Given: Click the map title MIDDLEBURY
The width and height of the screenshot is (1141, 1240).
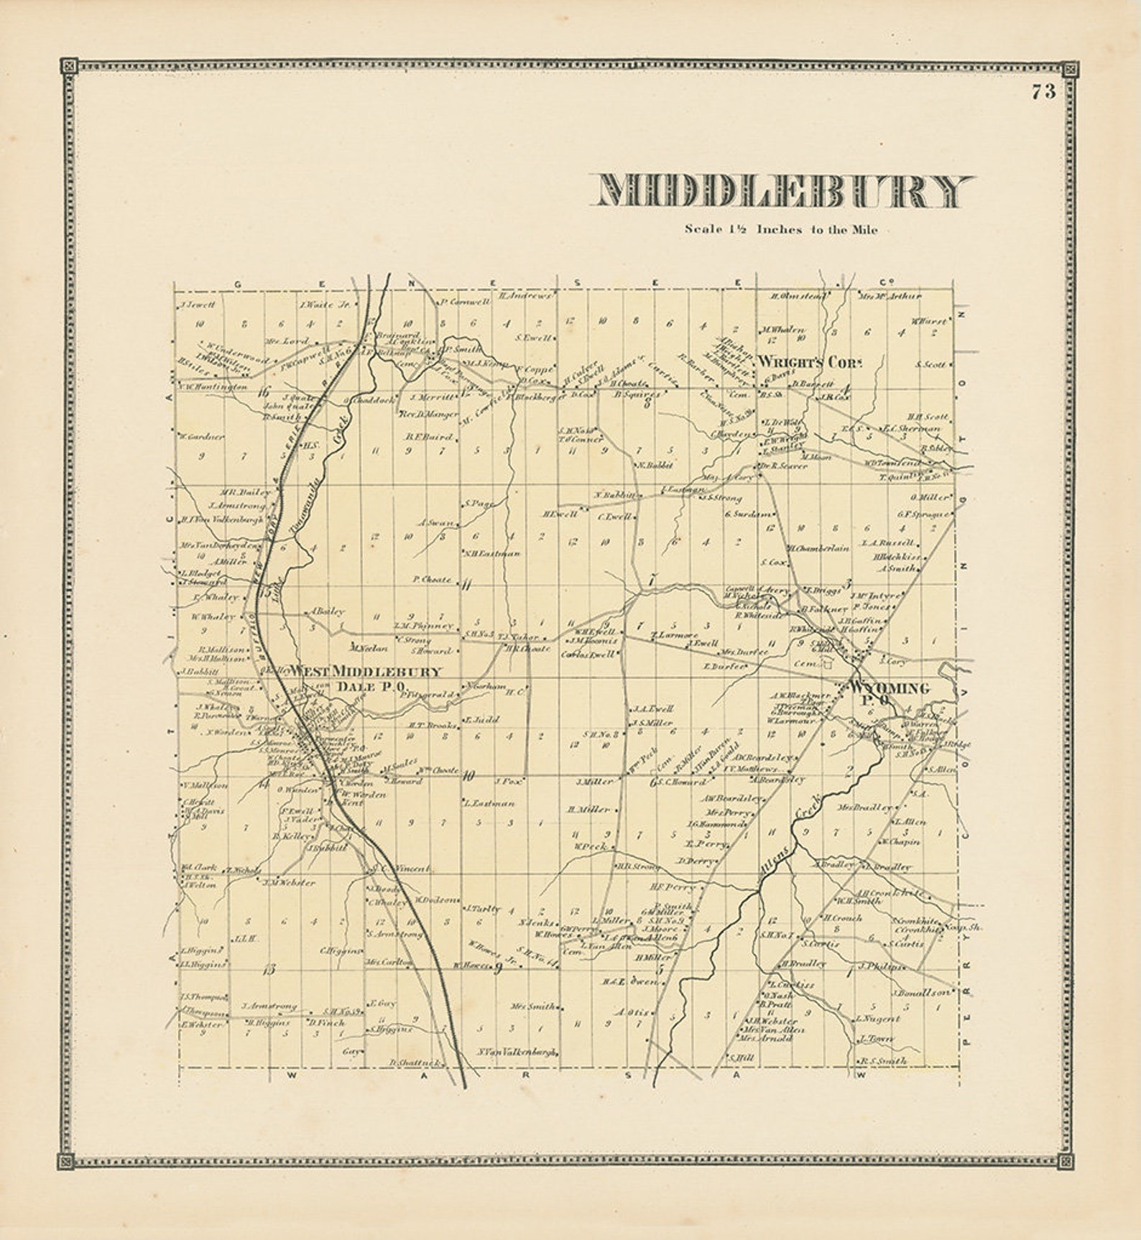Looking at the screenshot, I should point(782,192).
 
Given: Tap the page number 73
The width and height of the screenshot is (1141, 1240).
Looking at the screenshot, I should point(1043,92).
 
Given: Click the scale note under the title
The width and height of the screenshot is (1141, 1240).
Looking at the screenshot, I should point(780,230).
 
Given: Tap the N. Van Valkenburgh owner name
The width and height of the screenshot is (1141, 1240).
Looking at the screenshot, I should point(517,1052).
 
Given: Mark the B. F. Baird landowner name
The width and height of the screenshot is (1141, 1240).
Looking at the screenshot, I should point(429,436).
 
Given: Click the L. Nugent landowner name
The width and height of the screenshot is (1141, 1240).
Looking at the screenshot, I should point(877,1019).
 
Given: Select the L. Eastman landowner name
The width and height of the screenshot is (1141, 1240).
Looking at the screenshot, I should point(489,803).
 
